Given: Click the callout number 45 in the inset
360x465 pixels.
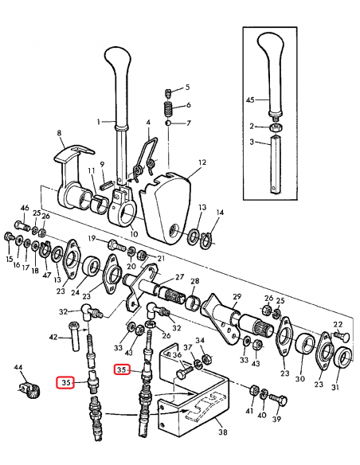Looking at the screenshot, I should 249,101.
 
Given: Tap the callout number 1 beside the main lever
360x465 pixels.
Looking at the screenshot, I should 100,122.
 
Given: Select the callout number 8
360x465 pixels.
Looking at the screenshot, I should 59,134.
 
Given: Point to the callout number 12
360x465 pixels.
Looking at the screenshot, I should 202,162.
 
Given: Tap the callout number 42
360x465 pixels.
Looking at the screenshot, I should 53,338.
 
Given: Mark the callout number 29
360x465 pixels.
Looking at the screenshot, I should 236,296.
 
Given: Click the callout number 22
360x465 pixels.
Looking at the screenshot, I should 337,324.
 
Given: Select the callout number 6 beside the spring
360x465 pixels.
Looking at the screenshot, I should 187,105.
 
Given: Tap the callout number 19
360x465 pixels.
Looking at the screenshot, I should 92,239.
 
